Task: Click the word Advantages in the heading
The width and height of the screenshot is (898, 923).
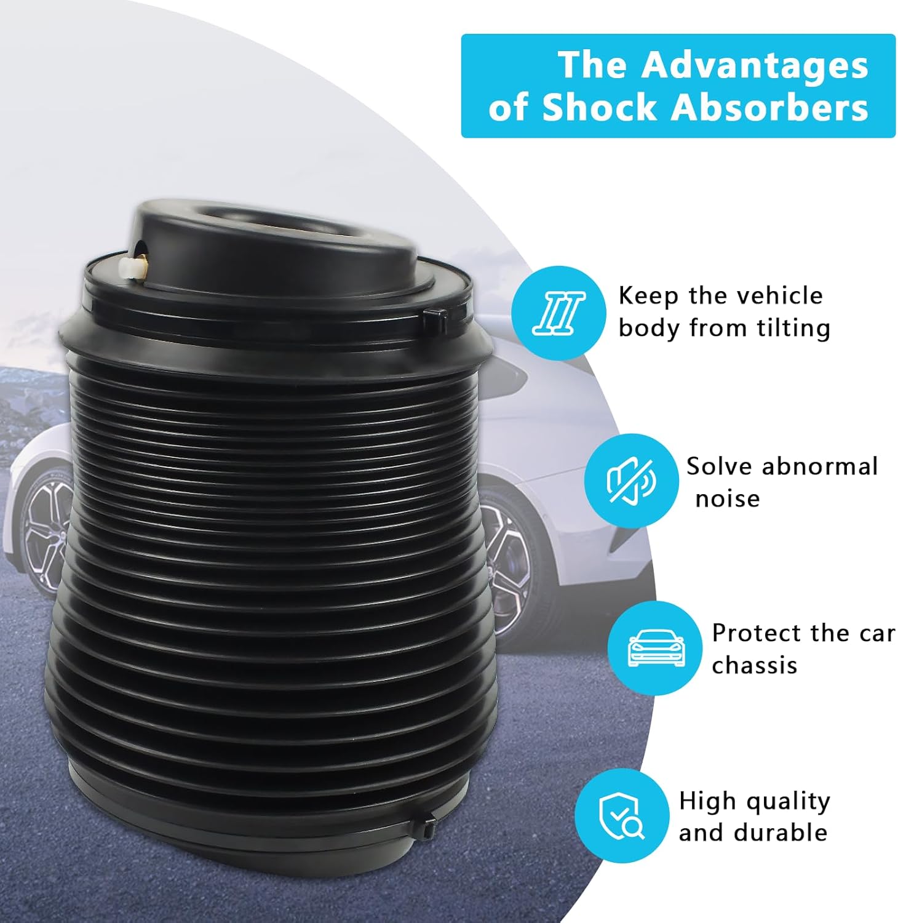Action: tap(755, 65)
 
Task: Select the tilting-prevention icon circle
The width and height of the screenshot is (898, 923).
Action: tap(558, 313)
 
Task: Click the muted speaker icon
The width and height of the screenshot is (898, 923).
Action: tap(631, 480)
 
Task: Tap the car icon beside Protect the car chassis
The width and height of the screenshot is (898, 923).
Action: tap(655, 648)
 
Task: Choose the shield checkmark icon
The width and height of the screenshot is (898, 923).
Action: tap(622, 815)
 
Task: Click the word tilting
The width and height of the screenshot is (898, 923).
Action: tap(793, 327)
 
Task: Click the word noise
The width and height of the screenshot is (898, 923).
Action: tap(727, 498)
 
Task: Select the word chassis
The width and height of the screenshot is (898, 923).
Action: tap(754, 665)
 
